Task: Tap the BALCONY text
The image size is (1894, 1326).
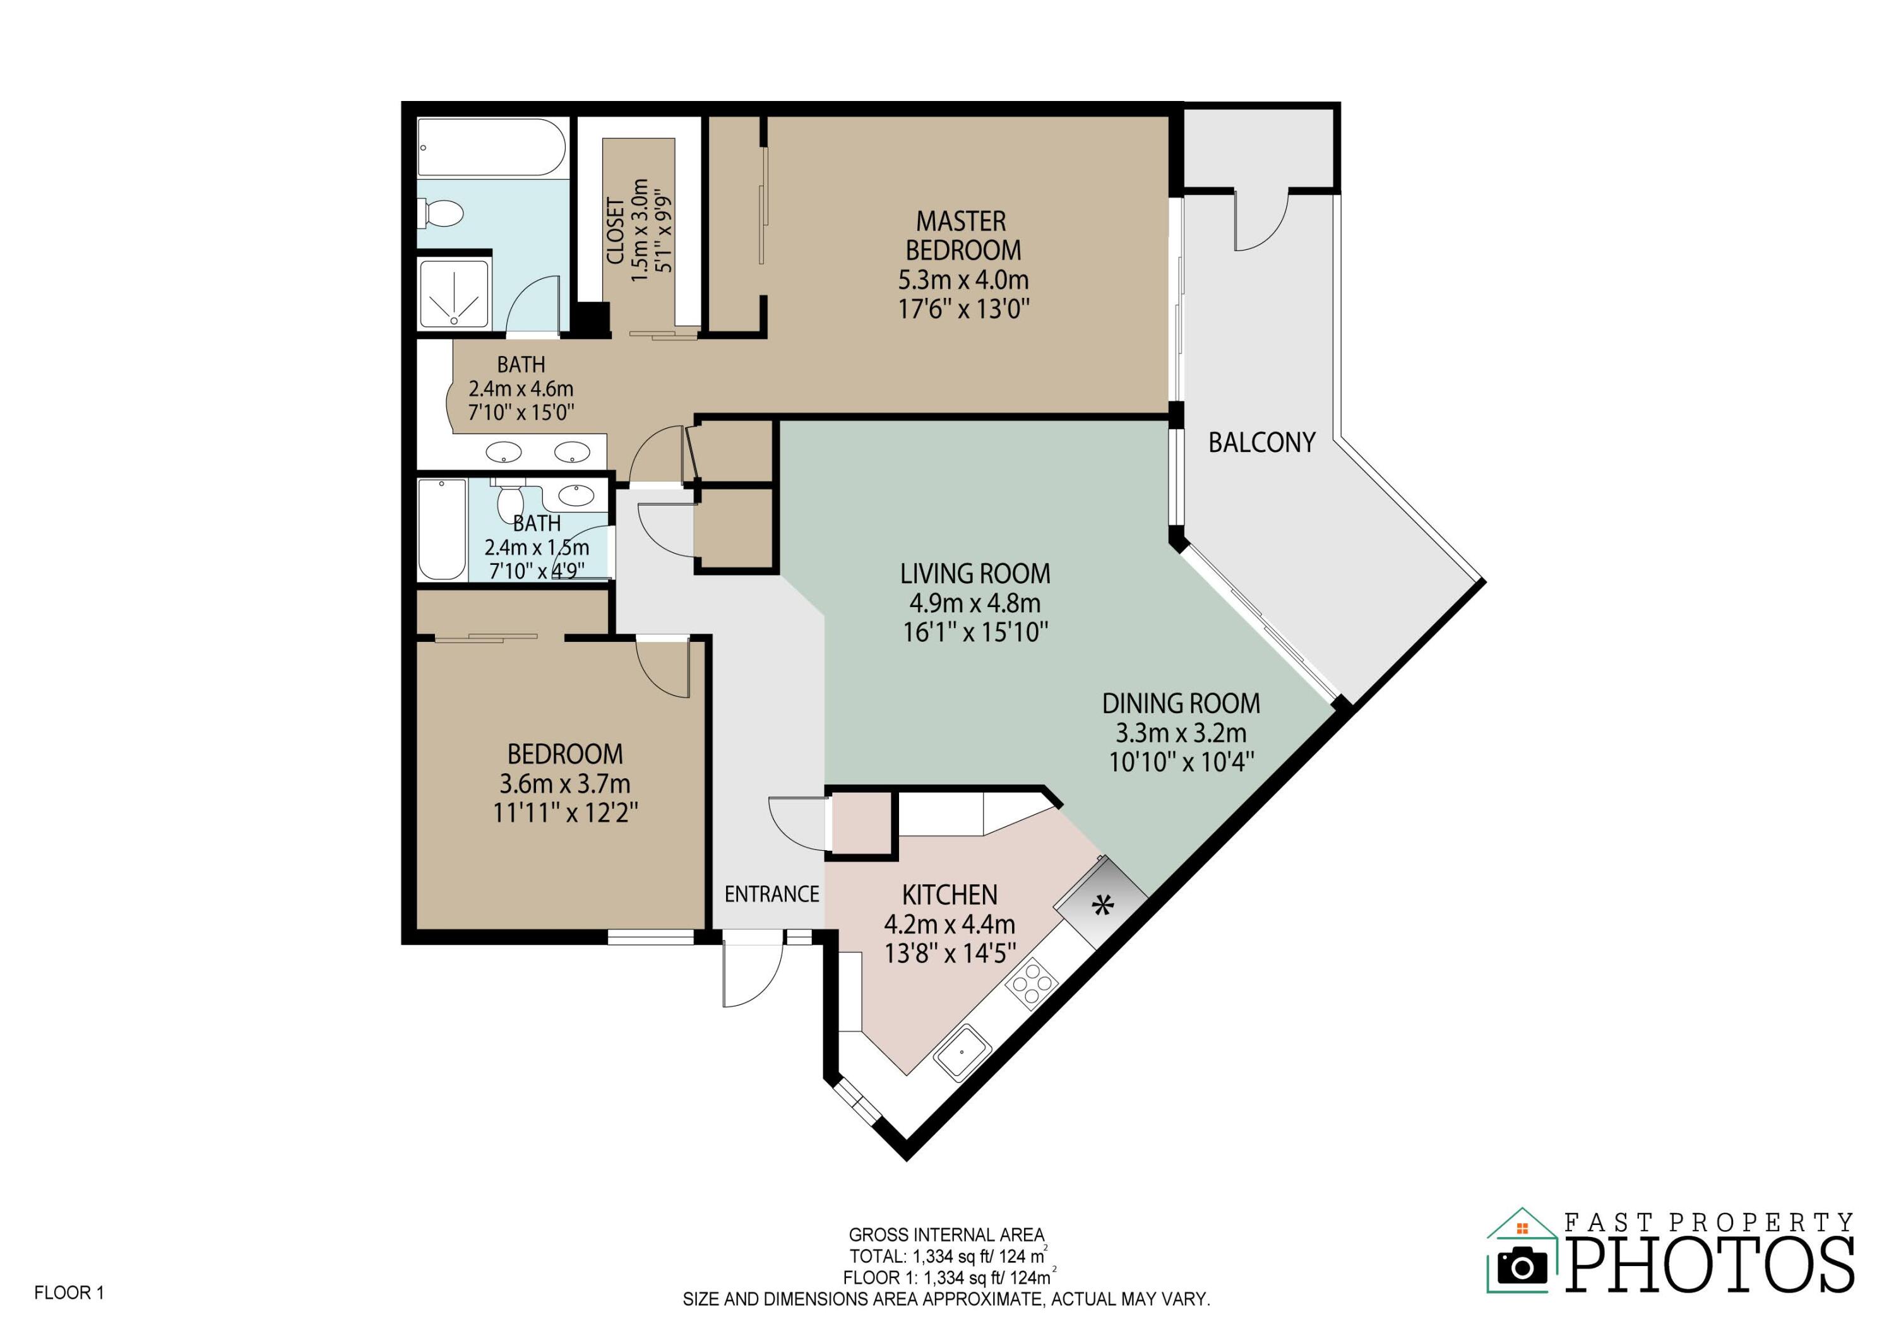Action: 1261,443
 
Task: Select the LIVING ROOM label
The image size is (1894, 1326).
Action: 974,573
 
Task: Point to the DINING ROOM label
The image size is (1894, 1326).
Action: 1181,704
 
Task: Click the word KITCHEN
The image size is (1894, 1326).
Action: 950,895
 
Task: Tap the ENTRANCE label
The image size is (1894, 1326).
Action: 771,894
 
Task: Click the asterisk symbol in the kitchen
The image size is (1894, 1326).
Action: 1102,906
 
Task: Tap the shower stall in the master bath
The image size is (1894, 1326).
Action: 455,294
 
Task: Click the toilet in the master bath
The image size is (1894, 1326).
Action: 441,213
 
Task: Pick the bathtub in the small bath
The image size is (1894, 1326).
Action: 441,530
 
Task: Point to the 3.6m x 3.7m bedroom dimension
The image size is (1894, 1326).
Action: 564,783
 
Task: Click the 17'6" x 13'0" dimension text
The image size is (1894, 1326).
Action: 963,309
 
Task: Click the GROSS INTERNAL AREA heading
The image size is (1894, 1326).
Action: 946,1234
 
